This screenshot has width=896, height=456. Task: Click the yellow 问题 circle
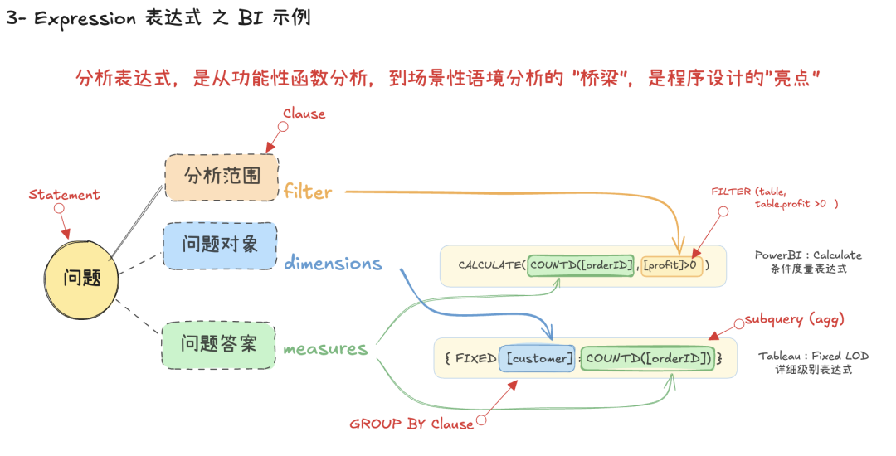point(81,279)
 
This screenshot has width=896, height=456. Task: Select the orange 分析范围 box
point(222,177)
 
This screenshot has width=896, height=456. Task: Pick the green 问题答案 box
point(219,343)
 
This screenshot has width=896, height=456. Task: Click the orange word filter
point(307,192)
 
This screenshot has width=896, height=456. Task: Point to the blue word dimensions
point(333,264)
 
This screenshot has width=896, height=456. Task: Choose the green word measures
point(325,349)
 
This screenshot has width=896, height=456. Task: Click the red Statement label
point(64,195)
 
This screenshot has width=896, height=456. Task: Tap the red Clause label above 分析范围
point(304,114)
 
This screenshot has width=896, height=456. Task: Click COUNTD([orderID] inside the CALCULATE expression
point(581,265)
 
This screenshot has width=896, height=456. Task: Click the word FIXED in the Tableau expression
point(476,358)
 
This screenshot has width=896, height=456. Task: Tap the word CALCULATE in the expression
point(490,265)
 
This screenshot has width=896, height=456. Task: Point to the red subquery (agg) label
point(794,319)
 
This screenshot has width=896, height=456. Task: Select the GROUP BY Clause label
point(411,424)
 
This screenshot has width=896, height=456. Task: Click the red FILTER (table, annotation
point(747,192)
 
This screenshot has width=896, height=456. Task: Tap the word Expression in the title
point(85,17)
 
